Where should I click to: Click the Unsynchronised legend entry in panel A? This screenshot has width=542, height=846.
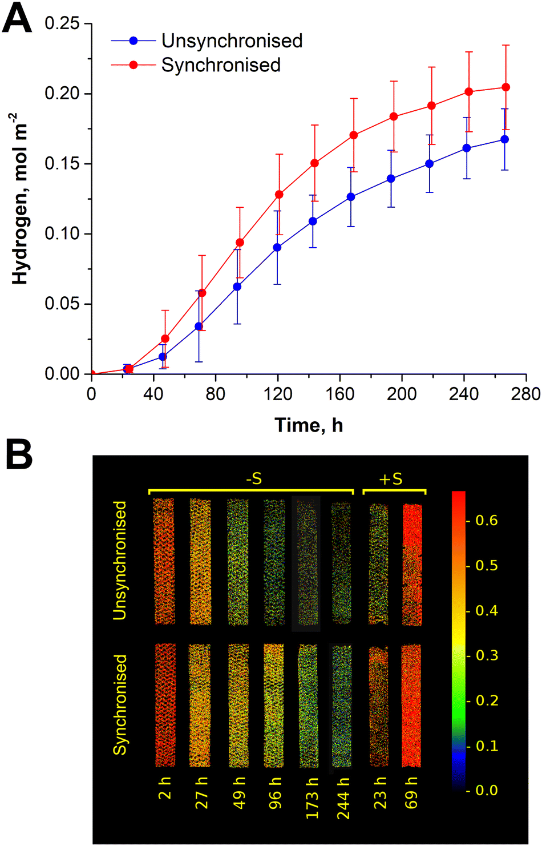[232, 41]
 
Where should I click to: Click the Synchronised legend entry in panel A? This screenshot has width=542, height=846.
[221, 65]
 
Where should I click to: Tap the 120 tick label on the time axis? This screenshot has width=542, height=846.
[278, 394]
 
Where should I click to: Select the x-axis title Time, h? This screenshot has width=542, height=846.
[309, 425]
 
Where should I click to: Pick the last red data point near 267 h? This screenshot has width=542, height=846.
[505, 87]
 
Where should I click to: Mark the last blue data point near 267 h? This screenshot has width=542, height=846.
[504, 139]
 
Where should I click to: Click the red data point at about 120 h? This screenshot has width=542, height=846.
[279, 195]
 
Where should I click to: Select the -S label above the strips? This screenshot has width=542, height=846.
[253, 479]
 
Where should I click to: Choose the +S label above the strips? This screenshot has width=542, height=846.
[391, 479]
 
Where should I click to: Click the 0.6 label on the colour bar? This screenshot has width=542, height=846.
[486, 520]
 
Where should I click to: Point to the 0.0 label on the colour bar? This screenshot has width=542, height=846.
[486, 791]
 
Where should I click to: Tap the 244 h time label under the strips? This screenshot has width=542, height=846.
[343, 798]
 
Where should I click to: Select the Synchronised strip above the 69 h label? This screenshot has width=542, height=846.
[411, 706]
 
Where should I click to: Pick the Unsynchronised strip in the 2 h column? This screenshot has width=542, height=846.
[164, 561]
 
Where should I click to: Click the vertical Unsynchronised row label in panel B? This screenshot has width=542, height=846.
[120, 560]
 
